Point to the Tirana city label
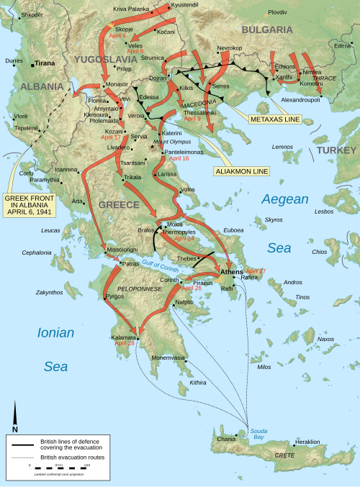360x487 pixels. click(x=45, y=63)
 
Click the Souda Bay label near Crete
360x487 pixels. click(x=258, y=434)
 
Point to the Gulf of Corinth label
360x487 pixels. click(x=160, y=263)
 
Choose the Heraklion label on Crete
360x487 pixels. click(x=307, y=441)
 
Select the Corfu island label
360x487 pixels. click(x=26, y=173)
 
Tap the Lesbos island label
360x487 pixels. click(x=324, y=211)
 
